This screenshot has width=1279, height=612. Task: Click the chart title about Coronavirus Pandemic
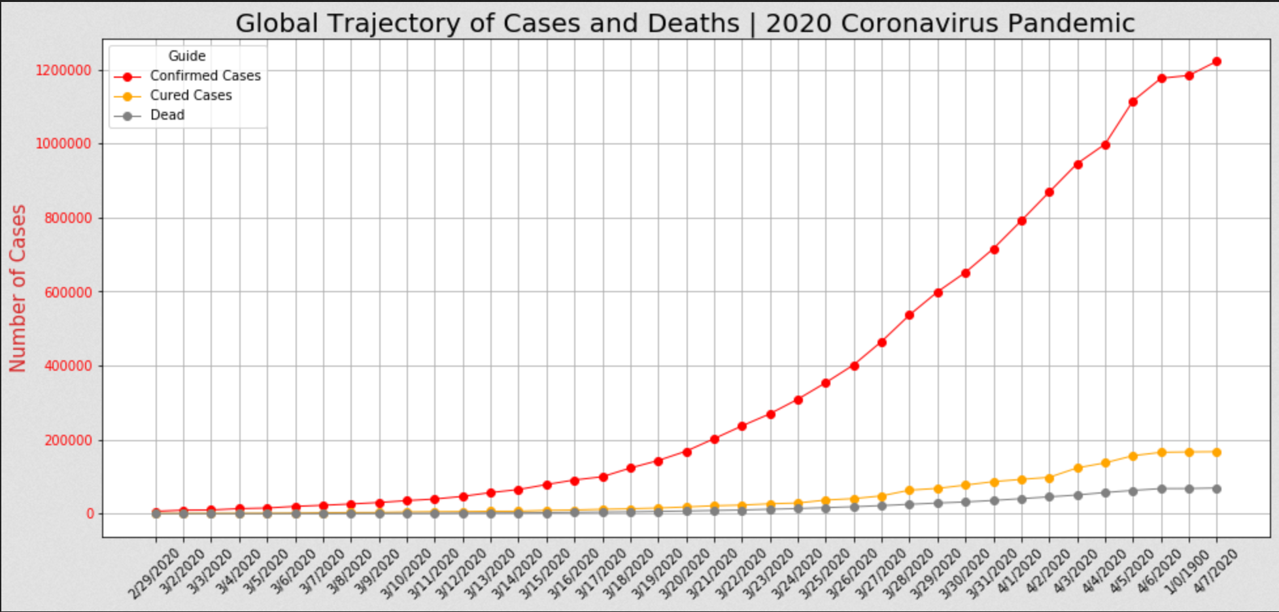[685, 24]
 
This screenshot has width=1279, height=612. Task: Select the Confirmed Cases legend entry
[205, 76]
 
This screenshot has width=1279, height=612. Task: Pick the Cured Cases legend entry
[190, 95]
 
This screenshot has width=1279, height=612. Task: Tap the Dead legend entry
[167, 115]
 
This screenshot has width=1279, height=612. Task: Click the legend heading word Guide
[187, 56]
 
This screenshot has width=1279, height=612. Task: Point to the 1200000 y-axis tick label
[63, 71]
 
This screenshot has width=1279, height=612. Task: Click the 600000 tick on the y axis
[68, 292]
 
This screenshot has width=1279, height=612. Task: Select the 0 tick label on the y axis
[90, 514]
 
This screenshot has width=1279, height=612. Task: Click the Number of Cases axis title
[18, 288]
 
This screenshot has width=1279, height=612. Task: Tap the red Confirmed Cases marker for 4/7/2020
[1216, 61]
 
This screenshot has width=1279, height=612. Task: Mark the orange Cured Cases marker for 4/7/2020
[1216, 452]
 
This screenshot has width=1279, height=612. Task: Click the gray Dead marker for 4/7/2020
[1216, 489]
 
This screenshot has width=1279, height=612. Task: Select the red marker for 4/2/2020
[1049, 192]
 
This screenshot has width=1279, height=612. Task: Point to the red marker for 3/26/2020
[854, 366]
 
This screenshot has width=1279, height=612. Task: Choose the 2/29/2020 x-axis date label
[154, 574]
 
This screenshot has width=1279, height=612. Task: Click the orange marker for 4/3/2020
[1078, 468]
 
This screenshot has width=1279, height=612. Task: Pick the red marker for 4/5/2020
[1133, 102]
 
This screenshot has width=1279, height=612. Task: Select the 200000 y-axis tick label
[68, 440]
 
